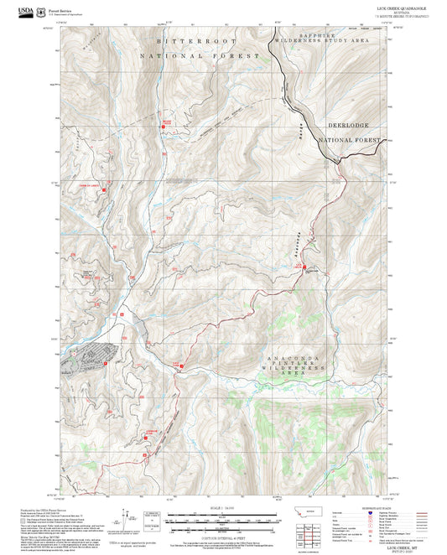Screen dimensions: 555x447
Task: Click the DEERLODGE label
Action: pyautogui.click(x=344, y=123)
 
